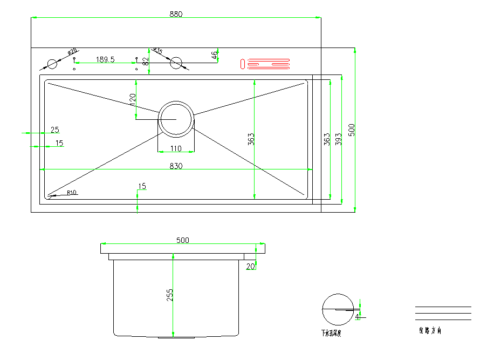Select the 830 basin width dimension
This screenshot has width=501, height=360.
click(176, 166)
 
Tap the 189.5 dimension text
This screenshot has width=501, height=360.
click(105, 59)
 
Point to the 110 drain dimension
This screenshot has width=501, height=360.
click(176, 148)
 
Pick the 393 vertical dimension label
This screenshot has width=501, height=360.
click(338, 139)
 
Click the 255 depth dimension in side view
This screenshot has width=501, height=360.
click(170, 295)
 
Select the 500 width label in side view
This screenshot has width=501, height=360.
click(183, 241)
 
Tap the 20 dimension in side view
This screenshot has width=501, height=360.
click(250, 266)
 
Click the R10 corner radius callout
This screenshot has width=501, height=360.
click(72, 192)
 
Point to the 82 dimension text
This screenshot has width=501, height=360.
click(145, 61)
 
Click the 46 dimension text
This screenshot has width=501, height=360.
click(214, 55)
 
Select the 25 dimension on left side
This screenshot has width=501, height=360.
click(54, 130)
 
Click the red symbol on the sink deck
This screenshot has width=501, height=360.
click(265, 64)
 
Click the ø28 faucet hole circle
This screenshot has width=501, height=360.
click(52, 64)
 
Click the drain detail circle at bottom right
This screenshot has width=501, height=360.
click(338, 310)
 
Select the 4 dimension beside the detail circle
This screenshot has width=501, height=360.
click(356, 317)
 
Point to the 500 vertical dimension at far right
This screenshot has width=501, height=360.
click(352, 130)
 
